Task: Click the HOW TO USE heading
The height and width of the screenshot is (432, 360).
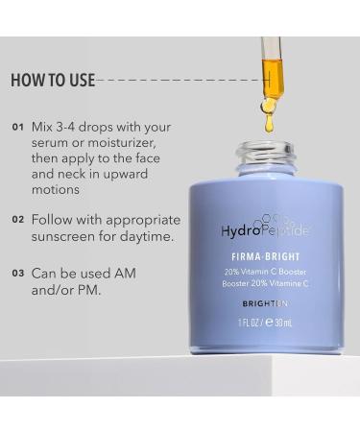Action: [x=53, y=80]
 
